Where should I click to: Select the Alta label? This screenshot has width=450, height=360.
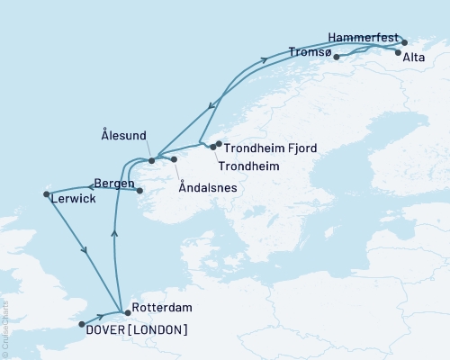[415, 58]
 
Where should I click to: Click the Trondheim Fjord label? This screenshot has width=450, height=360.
[270, 148]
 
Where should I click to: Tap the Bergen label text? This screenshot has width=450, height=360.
[115, 184]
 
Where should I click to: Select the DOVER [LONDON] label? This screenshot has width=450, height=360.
[138, 329]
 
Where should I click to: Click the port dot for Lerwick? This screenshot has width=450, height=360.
[45, 193]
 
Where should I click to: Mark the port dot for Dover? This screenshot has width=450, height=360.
[82, 324]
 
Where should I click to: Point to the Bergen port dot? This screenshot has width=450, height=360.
[139, 190]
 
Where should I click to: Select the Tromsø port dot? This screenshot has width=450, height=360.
[336, 58]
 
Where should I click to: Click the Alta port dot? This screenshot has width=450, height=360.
[398, 52]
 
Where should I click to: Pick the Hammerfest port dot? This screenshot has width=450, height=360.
[404, 41]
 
